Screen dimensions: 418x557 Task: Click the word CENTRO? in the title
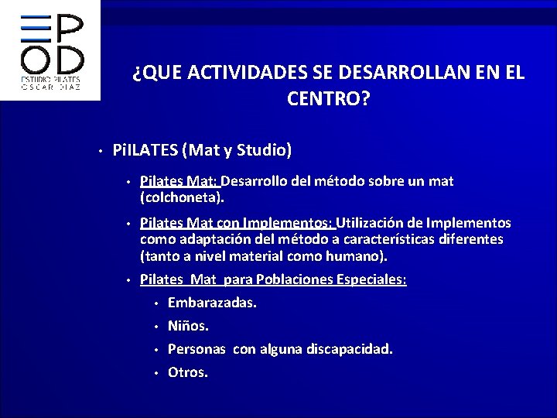pos(328,98)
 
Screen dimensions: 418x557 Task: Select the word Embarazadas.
pos(212,302)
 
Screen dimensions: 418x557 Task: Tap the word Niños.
pos(188,325)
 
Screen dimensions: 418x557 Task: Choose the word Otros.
pos(188,372)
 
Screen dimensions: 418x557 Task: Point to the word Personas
pos(196,349)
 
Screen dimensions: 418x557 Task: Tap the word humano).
pos(361,255)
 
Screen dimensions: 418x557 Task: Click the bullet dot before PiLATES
pos(101,150)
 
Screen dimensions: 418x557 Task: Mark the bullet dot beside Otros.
pos(155,373)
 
